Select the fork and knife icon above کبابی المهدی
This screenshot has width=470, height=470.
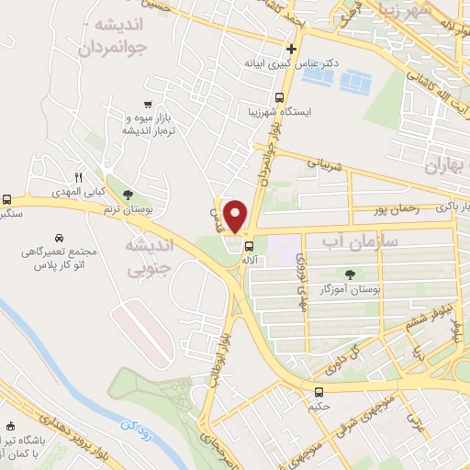click(x=80, y=177)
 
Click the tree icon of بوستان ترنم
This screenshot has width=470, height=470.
click(x=127, y=194)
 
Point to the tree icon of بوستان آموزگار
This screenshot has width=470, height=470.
click(x=350, y=274)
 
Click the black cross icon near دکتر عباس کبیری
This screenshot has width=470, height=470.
click(x=292, y=49)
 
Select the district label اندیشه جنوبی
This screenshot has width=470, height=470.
click(x=147, y=258)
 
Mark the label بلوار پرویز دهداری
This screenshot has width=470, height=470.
click(x=70, y=431)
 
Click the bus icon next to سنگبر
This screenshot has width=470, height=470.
click(x=8, y=199)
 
